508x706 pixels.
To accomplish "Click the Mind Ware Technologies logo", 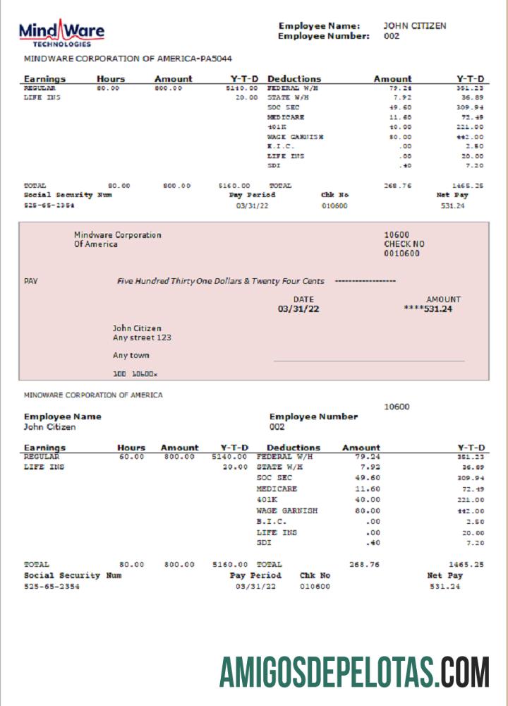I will point(61,32).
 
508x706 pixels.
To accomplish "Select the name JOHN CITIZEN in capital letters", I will point(414,25).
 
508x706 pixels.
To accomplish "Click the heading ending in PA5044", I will point(128,59).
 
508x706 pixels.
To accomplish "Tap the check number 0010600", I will point(401,253).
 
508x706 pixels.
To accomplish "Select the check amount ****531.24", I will point(428,309).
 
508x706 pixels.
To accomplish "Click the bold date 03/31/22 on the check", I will point(298,309).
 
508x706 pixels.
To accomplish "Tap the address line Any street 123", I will point(142,337).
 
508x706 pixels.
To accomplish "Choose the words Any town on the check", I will point(131,355).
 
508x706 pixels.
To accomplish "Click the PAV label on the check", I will point(30,281).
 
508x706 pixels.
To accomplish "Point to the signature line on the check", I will point(368,361).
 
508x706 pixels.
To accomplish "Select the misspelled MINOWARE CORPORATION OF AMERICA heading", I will point(93,395).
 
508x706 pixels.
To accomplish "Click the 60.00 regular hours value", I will point(132,457).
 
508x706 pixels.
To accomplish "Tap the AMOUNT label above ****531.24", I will point(443,299).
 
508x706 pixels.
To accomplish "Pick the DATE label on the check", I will point(303,299).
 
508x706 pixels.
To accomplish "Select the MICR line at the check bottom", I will point(135,373).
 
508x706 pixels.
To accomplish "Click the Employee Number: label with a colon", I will point(324,36).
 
